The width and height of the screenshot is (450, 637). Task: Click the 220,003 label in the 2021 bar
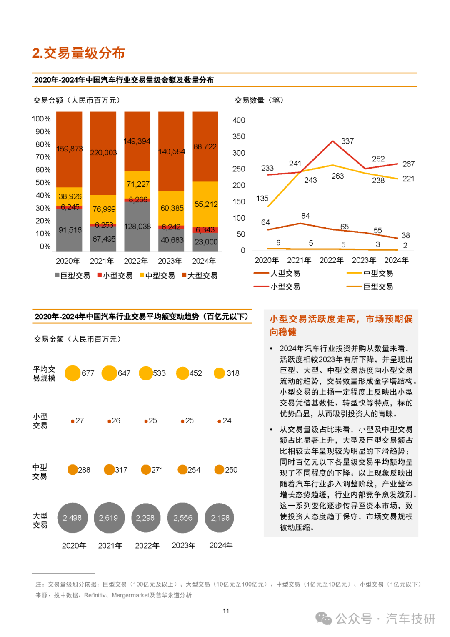(103, 153)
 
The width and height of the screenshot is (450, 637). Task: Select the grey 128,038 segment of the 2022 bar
(137, 227)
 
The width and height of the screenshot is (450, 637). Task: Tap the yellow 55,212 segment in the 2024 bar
(205, 204)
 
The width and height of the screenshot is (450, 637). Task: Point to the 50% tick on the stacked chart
(43, 183)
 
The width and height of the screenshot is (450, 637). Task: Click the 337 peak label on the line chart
(347, 141)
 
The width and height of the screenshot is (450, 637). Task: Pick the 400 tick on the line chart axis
(239, 120)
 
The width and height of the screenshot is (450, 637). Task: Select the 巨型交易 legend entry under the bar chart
(72, 276)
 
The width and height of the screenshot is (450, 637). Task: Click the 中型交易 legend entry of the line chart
(370, 273)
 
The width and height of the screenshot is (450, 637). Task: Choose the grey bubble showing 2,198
(219, 518)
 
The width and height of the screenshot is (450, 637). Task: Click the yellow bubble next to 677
(72, 373)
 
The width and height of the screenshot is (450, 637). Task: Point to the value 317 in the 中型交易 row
(121, 470)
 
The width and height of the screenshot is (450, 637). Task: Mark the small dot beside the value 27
(73, 421)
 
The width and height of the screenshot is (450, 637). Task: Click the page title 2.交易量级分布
(79, 53)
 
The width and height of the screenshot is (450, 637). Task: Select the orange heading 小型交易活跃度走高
(312, 319)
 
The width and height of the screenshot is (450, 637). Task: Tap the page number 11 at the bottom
(226, 611)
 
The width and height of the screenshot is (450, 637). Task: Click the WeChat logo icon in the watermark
(324, 619)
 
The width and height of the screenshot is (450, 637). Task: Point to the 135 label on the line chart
(262, 198)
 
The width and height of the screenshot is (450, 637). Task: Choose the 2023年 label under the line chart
(364, 260)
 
